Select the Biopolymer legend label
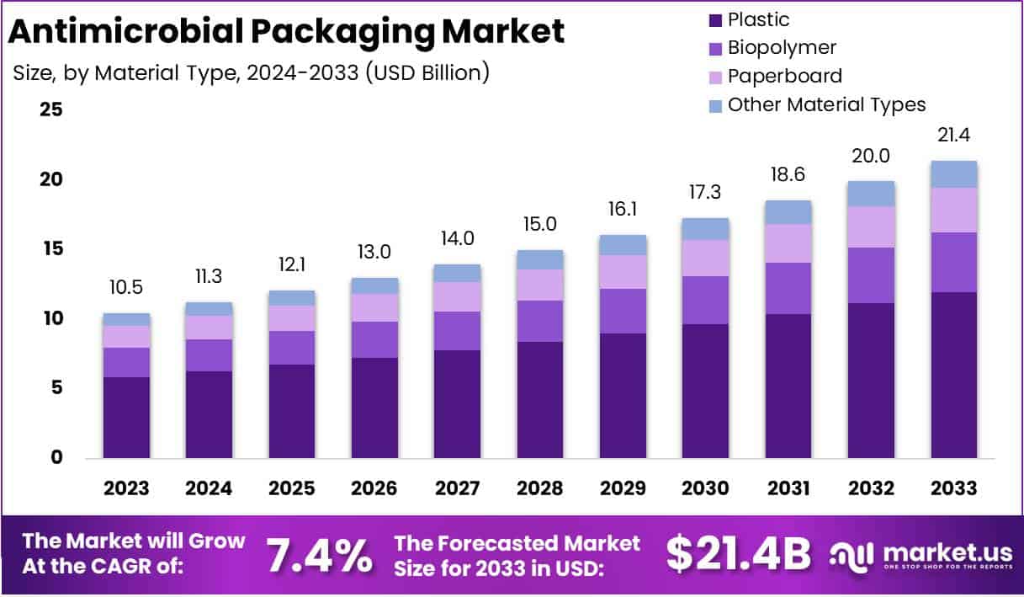click(782, 48)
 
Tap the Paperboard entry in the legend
click(784, 76)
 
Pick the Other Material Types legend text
click(826, 104)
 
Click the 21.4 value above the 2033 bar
click(953, 135)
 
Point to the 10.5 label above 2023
click(126, 288)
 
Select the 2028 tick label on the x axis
click(540, 488)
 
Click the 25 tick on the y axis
click(50, 109)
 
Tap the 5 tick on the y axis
click(56, 388)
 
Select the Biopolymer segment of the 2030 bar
click(705, 300)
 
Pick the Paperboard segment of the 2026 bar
click(374, 307)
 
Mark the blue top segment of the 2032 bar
click(871, 194)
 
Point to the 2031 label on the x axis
click(788, 488)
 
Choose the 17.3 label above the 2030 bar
click(705, 193)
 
